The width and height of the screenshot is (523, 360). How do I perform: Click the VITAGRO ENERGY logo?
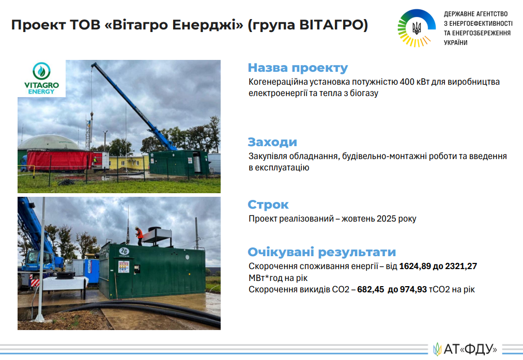41,79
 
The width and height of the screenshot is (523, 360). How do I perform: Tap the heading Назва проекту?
298,68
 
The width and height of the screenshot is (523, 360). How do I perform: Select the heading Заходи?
272,142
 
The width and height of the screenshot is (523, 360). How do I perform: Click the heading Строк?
268,205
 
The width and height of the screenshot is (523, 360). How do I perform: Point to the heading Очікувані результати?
321,252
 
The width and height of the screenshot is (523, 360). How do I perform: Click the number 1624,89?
414,267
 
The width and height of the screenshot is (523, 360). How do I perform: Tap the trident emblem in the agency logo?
417,28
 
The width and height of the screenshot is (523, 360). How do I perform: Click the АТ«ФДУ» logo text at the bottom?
470,349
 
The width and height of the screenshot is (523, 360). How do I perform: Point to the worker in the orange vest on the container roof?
139,236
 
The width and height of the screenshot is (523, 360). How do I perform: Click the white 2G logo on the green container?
124,251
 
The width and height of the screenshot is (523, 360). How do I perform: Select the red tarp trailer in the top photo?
60,160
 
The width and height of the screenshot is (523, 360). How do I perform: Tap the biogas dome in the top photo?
49,143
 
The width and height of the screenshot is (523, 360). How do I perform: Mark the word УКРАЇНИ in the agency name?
455,43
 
